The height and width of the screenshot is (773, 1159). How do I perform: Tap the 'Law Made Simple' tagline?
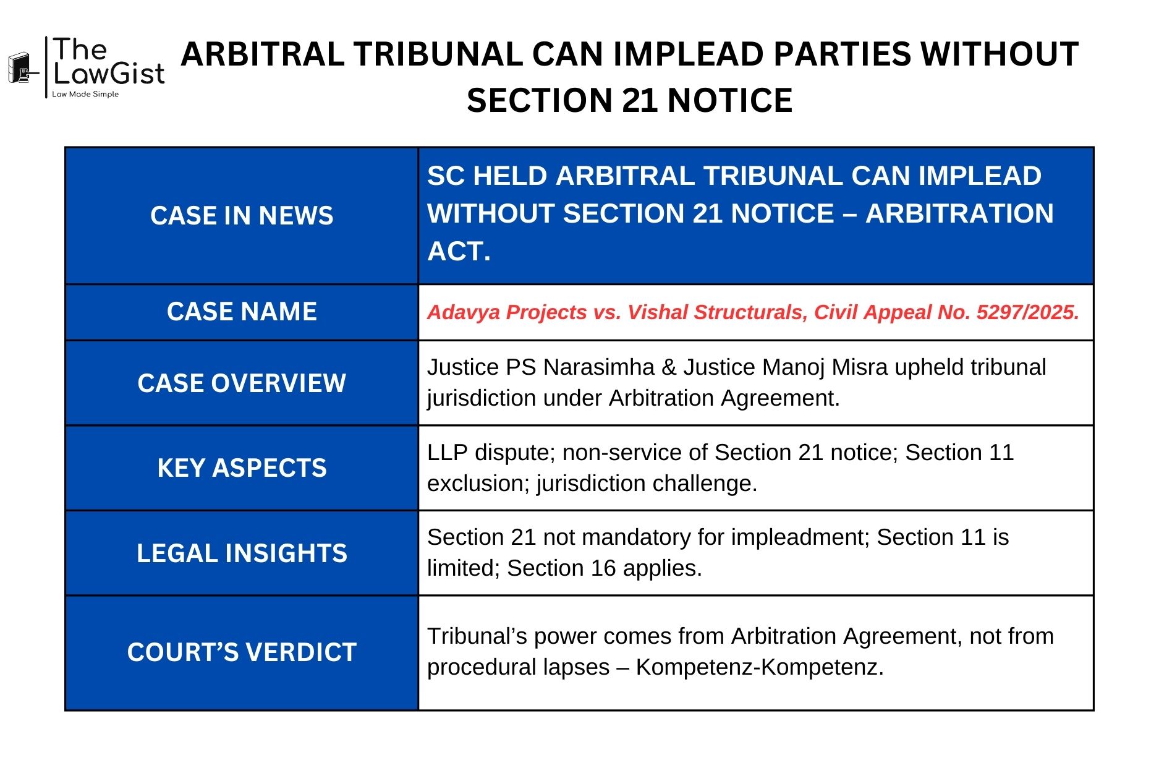(x=85, y=95)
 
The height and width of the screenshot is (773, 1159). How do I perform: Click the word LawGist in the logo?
(x=109, y=74)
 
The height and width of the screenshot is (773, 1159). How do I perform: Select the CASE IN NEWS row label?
(x=242, y=216)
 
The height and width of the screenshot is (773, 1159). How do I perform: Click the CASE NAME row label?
(x=242, y=312)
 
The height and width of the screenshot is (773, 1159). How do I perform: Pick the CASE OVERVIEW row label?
(x=242, y=383)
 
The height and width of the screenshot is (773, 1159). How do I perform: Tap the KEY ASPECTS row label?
(x=242, y=468)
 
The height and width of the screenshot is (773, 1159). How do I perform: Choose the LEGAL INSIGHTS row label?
(x=242, y=553)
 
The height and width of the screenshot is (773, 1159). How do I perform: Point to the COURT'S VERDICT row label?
(x=242, y=652)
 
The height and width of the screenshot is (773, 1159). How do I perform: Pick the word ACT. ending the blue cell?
(x=459, y=252)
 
